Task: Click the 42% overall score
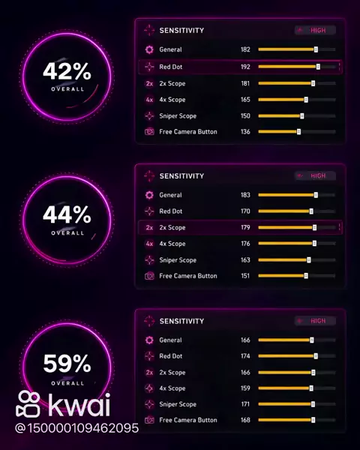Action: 67,71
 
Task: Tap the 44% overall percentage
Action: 67,214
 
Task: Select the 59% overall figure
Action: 67,364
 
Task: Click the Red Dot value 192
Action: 245,67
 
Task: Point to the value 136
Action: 245,132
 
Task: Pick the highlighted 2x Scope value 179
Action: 245,227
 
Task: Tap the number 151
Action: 245,276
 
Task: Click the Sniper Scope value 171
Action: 245,404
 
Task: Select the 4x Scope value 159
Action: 245,388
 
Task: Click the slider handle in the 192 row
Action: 318,67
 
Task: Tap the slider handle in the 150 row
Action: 302,116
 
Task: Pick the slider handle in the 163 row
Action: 309,260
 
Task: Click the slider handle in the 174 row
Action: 316,356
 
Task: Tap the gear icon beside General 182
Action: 149,49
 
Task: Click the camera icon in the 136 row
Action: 149,132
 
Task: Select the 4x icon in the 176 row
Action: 149,244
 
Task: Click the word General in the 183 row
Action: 170,195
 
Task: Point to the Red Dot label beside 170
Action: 171,211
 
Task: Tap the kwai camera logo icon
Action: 28,403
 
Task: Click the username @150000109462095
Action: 76,428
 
